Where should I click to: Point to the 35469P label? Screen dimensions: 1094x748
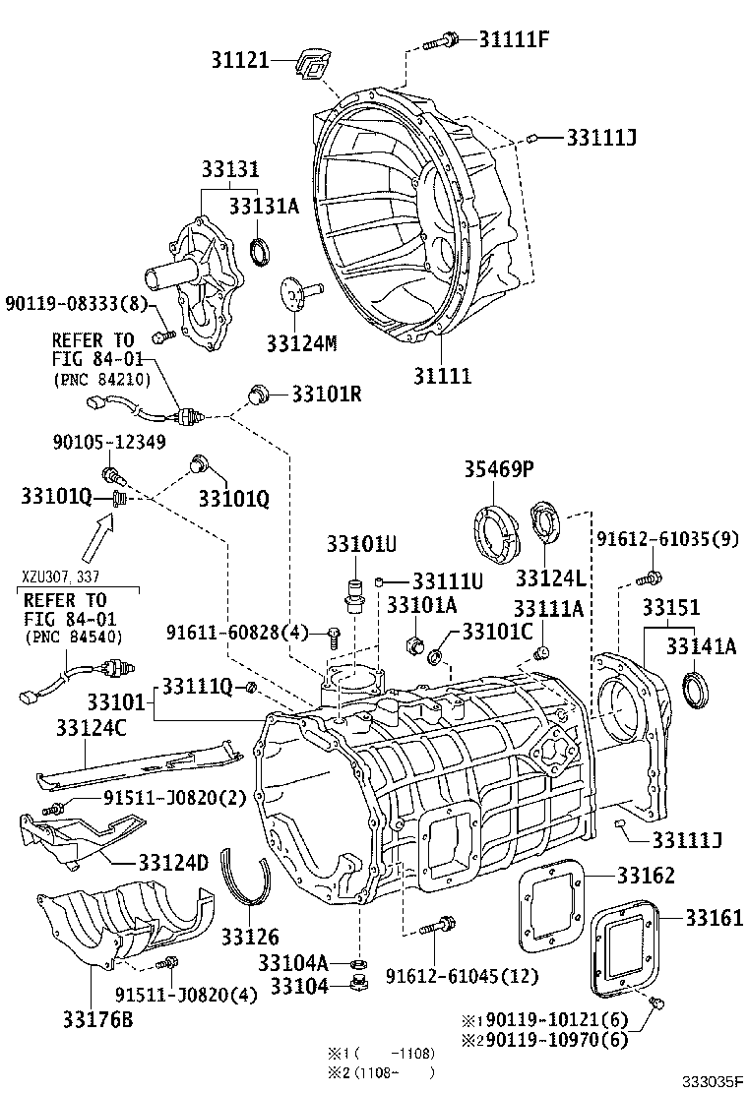tap(499, 470)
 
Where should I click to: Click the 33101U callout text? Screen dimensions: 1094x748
tap(361, 543)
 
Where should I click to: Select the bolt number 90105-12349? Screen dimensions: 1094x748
tap(109, 444)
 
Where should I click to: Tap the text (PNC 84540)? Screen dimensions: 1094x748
tap(64, 638)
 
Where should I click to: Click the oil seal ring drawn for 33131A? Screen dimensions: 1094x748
tap(262, 252)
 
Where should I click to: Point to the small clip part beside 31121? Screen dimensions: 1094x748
tap(311, 66)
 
